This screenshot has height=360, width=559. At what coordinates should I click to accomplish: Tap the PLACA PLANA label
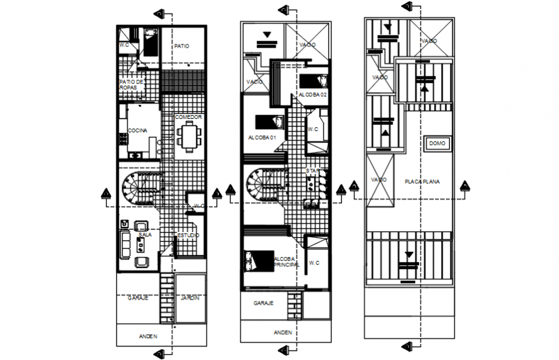click(421, 182)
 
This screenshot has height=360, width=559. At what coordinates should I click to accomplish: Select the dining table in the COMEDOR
click(189, 136)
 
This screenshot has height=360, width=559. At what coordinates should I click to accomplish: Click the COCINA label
click(137, 130)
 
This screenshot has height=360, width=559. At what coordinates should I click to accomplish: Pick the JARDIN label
click(189, 298)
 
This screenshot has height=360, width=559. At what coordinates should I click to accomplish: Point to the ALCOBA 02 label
click(313, 95)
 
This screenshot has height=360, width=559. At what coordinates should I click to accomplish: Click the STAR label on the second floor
click(312, 171)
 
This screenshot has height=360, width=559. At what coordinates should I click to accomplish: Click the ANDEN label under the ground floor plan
click(148, 336)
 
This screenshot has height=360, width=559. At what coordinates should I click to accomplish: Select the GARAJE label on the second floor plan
click(263, 302)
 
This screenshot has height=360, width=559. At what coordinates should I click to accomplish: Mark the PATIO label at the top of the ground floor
click(182, 46)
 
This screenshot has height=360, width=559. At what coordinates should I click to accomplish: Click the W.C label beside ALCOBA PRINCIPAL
click(314, 263)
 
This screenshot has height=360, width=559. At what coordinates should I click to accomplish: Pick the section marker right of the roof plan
click(465, 186)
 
